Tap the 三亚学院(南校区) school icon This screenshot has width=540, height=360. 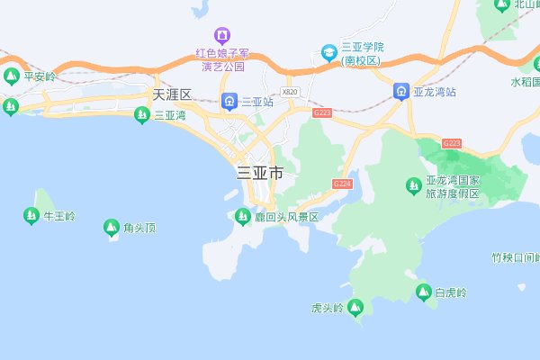tap(328, 52)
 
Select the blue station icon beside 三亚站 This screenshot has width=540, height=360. tap(229, 101)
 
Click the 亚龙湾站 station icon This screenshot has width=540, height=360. tap(401, 91)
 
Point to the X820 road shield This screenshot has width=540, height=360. tap(289, 92)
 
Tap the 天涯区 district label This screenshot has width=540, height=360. tap(173, 94)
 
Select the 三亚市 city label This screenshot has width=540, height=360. tap(259, 173)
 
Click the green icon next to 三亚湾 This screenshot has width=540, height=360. tap(141, 114)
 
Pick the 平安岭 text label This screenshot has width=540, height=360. tap(40, 77)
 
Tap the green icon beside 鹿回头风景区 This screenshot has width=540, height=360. tap(241, 216)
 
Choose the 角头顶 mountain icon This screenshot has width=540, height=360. tap(112, 228)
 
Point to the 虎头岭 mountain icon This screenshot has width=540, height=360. tap(356, 309)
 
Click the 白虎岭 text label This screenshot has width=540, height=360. tap(451, 292)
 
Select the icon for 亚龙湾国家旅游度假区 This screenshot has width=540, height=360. tap(413, 185)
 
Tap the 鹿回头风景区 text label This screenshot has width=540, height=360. tap(286, 217)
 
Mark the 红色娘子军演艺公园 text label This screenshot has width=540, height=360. tap(220, 59)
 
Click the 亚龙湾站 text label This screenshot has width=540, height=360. tap(437, 92)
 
